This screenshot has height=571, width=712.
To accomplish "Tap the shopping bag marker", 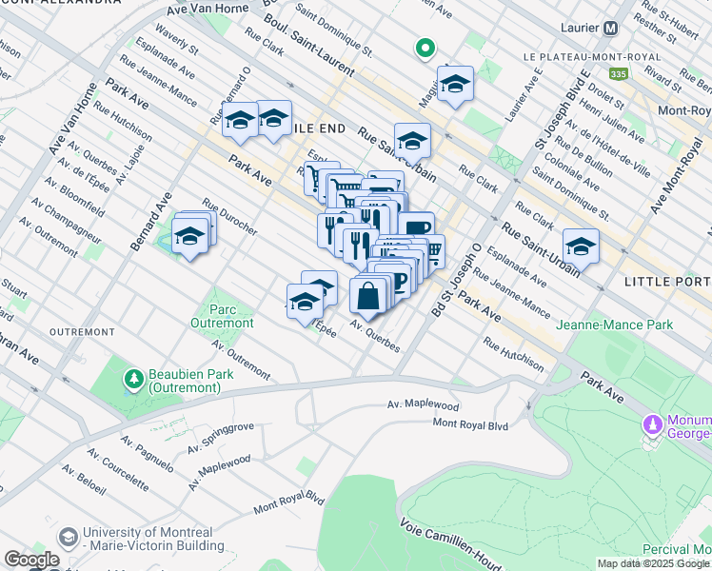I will (x=368, y=296).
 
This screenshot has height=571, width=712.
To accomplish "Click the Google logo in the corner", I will (x=31, y=560).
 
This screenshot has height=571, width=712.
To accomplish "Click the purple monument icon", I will (x=653, y=423).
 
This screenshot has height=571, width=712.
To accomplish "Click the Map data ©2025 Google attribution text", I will (x=653, y=563).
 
